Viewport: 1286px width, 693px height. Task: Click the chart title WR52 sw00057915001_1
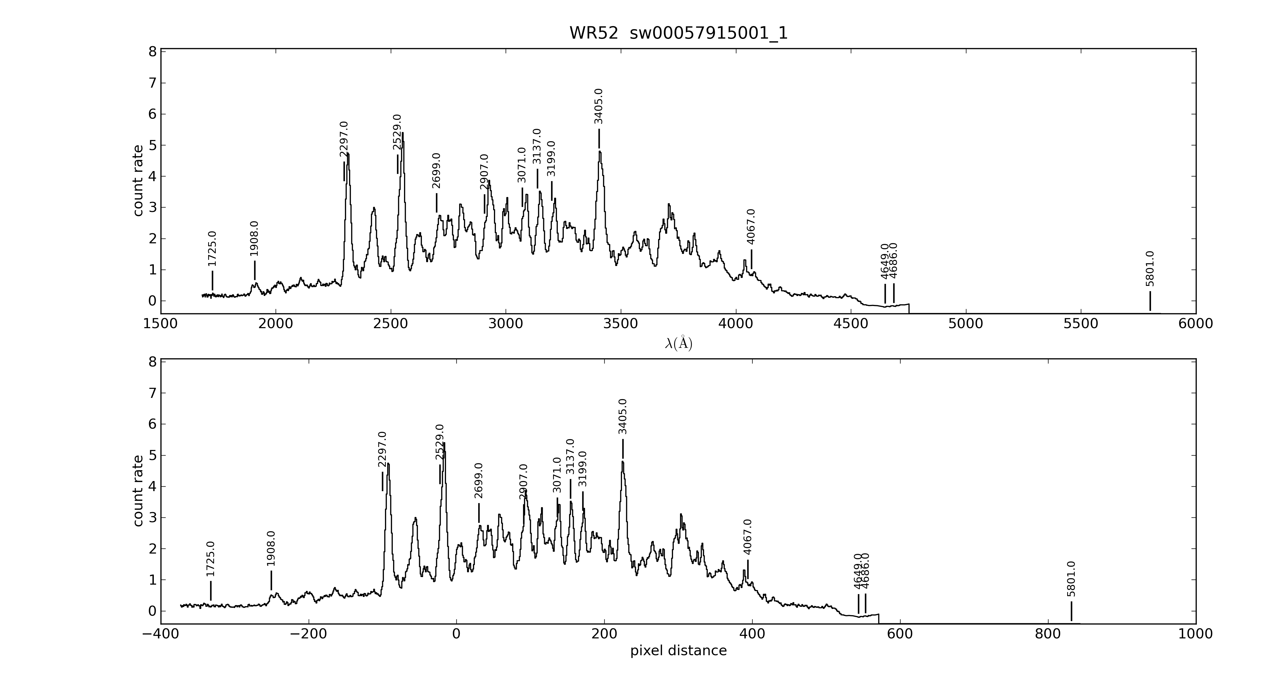[679, 33]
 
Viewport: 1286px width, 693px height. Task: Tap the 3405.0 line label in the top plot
[598, 106]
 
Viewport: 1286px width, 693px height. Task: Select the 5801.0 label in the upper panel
[1150, 269]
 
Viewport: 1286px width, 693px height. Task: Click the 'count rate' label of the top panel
[138, 181]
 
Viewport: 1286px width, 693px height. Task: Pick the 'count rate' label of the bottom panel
[138, 491]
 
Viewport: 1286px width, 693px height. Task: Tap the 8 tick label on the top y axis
[152, 52]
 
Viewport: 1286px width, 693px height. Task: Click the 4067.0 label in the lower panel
[747, 537]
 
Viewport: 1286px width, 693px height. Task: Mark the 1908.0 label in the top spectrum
[254, 239]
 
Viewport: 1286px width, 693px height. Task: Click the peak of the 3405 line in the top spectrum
[600, 152]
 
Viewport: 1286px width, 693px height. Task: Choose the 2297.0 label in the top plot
[343, 139]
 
